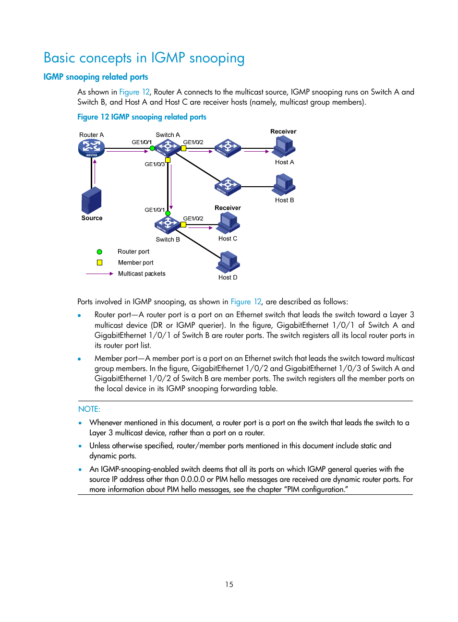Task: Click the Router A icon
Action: pos(91,148)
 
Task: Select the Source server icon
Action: pos(91,201)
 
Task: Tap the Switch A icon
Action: pos(168,147)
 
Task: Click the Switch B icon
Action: pos(168,224)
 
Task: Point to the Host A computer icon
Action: pos(284,146)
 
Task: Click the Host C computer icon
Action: pos(229,223)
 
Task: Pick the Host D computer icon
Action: pos(229,262)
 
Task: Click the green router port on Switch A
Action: pos(152,148)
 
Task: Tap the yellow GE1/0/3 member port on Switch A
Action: pos(168,160)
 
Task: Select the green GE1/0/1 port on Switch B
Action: pos(168,213)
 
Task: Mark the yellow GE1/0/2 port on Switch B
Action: pos(183,224)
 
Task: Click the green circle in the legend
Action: pos(99,252)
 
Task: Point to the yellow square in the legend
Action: pos(99,263)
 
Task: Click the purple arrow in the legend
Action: pos(99,274)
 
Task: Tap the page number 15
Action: pos(229,585)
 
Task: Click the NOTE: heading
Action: pos(89,409)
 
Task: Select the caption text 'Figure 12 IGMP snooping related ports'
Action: pos(142,117)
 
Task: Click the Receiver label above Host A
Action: pos(283,132)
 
